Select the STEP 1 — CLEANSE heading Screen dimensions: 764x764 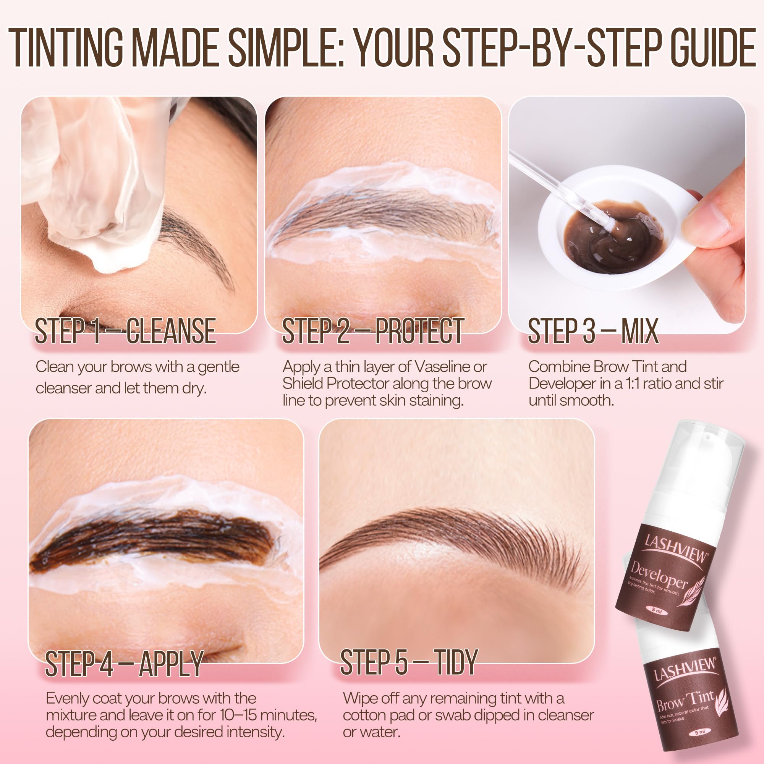point(125,330)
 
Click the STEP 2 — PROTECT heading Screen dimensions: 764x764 point(372,330)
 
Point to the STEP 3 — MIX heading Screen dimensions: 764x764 point(593,330)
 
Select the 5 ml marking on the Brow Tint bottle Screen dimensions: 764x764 point(700,732)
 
